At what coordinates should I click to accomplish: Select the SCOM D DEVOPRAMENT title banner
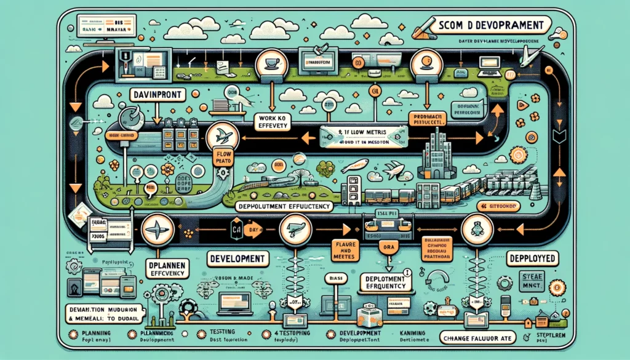[486, 25]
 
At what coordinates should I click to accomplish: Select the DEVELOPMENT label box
[237, 258]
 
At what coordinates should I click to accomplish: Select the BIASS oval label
[334, 278]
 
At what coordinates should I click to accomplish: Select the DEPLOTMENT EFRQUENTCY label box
[383, 281]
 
